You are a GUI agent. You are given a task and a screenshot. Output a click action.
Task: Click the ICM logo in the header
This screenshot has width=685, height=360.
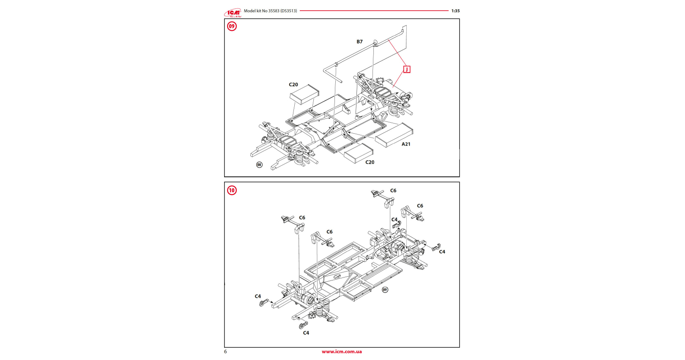233,13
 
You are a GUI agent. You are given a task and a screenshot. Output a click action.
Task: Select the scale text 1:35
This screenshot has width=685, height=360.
455,11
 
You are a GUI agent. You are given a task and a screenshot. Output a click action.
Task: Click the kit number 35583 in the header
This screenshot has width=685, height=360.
274,11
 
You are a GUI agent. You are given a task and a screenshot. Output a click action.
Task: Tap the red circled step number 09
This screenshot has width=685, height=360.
232,26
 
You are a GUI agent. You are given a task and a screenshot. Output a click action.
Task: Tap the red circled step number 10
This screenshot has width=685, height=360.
232,190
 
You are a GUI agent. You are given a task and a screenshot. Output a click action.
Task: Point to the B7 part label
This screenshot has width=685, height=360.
359,42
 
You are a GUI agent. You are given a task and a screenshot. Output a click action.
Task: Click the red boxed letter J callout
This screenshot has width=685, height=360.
407,69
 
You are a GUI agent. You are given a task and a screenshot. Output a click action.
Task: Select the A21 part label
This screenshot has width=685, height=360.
406,144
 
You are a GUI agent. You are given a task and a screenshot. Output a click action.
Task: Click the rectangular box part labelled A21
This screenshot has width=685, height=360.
393,135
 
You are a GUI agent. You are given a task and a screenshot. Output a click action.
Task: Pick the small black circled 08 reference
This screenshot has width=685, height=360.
259,165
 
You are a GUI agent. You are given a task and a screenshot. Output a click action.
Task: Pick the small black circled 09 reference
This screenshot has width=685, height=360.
385,290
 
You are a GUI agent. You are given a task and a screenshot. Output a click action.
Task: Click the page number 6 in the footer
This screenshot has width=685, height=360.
225,352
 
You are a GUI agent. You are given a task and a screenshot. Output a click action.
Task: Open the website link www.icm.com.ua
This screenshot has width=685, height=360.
342,352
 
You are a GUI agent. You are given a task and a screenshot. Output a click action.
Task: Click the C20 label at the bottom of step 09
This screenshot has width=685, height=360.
370,162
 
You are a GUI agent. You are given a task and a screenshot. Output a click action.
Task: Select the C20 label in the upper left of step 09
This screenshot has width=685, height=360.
293,85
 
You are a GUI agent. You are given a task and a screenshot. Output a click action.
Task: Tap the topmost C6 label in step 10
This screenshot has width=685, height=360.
393,191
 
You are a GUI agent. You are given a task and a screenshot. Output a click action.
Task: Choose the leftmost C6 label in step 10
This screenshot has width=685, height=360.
302,218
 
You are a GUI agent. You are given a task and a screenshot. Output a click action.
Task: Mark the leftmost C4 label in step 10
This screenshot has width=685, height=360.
258,297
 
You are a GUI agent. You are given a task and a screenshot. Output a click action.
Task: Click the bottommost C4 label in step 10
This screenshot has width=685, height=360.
306,333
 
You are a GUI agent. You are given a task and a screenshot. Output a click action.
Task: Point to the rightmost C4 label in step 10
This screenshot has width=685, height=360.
442,252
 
